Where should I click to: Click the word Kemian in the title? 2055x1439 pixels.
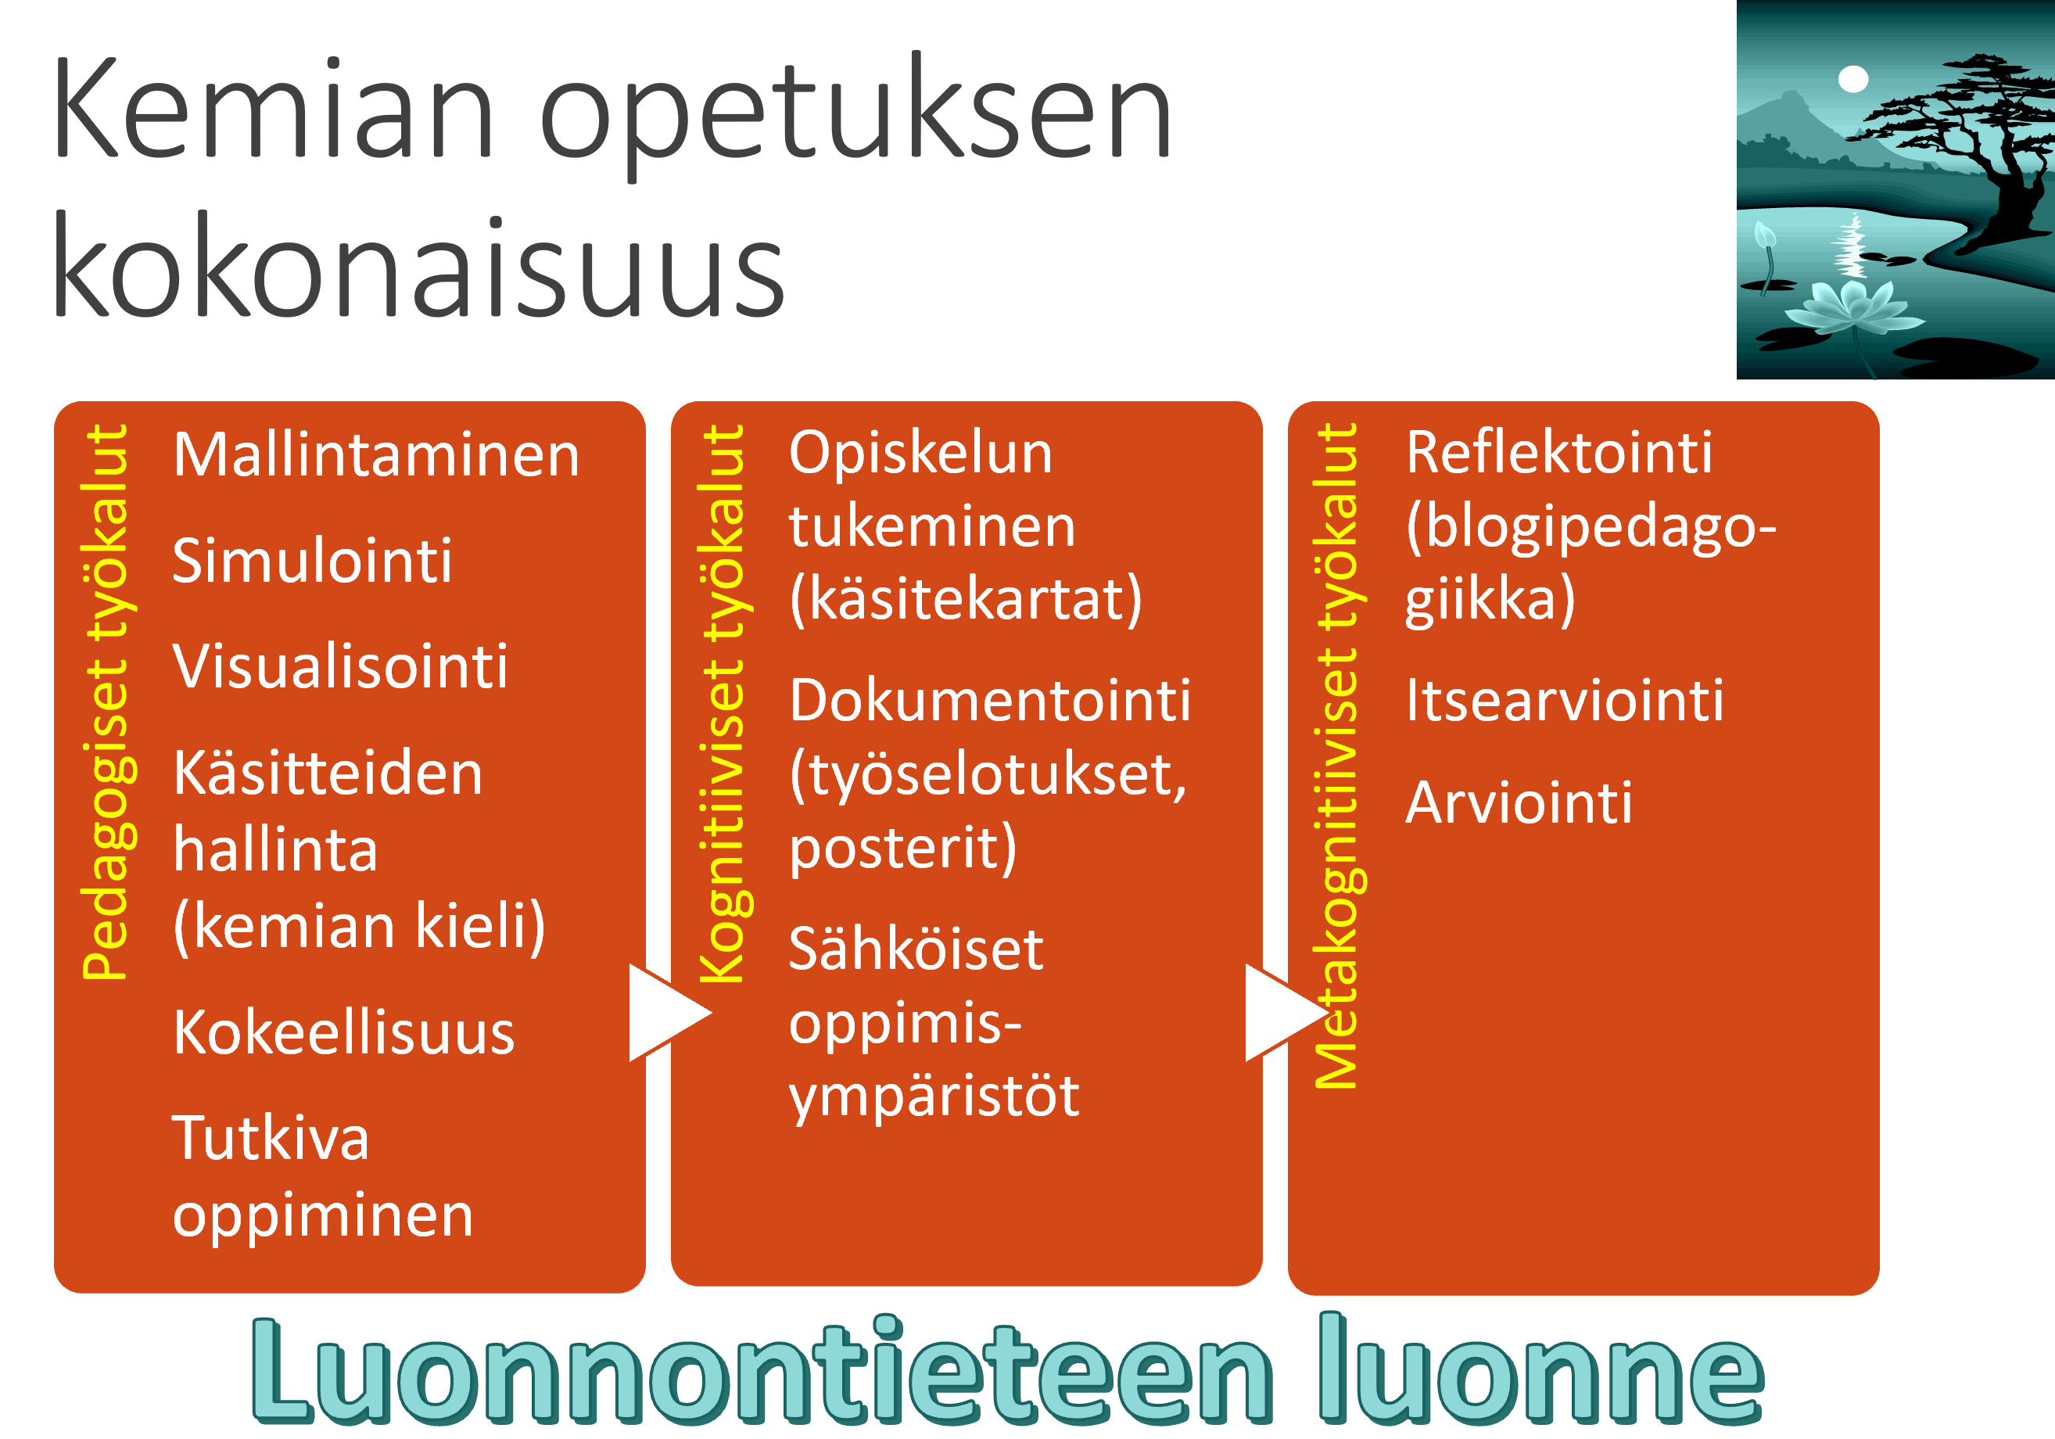(274, 108)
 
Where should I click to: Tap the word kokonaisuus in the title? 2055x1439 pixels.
(419, 265)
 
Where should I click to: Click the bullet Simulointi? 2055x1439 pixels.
(312, 561)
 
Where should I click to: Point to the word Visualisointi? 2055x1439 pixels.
(341, 666)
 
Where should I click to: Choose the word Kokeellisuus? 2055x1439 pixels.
(345, 1032)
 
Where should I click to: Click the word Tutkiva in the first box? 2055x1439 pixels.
(271, 1139)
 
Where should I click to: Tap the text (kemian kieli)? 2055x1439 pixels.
(360, 926)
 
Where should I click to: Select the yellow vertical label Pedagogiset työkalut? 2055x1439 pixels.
(106, 702)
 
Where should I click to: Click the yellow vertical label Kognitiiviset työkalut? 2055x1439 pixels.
(723, 703)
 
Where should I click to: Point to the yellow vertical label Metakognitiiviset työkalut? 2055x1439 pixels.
(1337, 756)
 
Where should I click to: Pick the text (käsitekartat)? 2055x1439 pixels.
(966, 600)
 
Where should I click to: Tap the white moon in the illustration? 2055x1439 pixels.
(1852, 79)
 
